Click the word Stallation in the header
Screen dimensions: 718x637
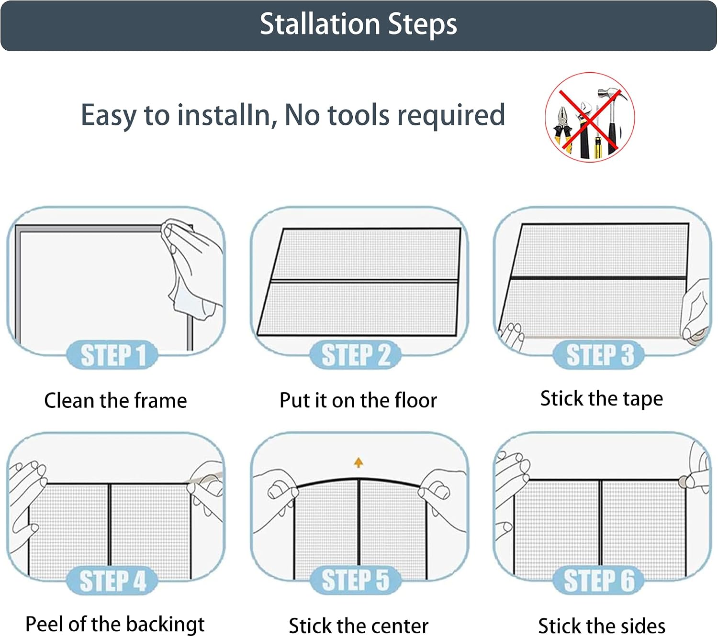pyautogui.click(x=320, y=24)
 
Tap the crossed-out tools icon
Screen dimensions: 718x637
pyautogui.click(x=590, y=117)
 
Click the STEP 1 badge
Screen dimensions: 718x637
pyautogui.click(x=112, y=355)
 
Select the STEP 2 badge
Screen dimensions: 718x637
pyautogui.click(x=356, y=355)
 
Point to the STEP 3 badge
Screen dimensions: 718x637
pyautogui.click(x=599, y=355)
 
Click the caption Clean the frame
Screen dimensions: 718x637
pyautogui.click(x=115, y=400)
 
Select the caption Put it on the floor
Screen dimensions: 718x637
pyautogui.click(x=359, y=400)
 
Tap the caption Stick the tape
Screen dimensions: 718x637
pyautogui.click(x=601, y=399)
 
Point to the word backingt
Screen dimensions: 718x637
pyautogui.click(x=166, y=624)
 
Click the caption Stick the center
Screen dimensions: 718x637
pyautogui.click(x=359, y=626)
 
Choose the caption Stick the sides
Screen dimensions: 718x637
pyautogui.click(x=601, y=626)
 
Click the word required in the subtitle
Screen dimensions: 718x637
pyautogui.click(x=451, y=115)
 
